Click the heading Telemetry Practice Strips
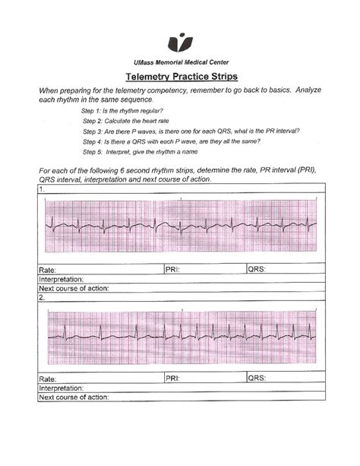coord(179,78)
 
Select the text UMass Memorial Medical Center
coord(179,62)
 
